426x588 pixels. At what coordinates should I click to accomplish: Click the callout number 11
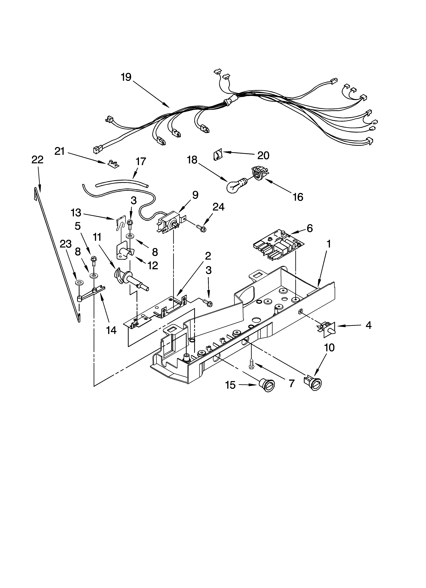pyautogui.click(x=97, y=237)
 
